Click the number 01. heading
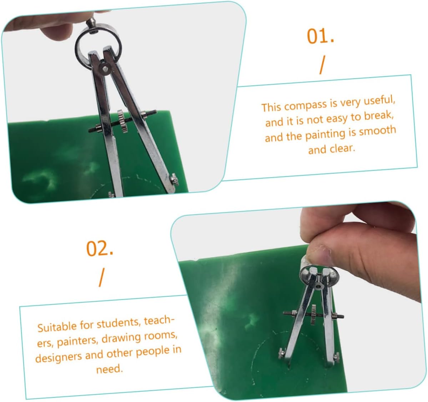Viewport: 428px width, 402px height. (321, 36)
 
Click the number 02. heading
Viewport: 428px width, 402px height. (100, 248)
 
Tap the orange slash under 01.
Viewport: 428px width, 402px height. (322, 65)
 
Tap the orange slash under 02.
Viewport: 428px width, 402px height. (101, 277)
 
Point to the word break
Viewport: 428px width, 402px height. (379, 116)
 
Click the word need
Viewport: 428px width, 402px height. (109, 369)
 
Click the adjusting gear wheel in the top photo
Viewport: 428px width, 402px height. (122, 121)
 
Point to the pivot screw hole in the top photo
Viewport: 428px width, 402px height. (104, 68)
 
